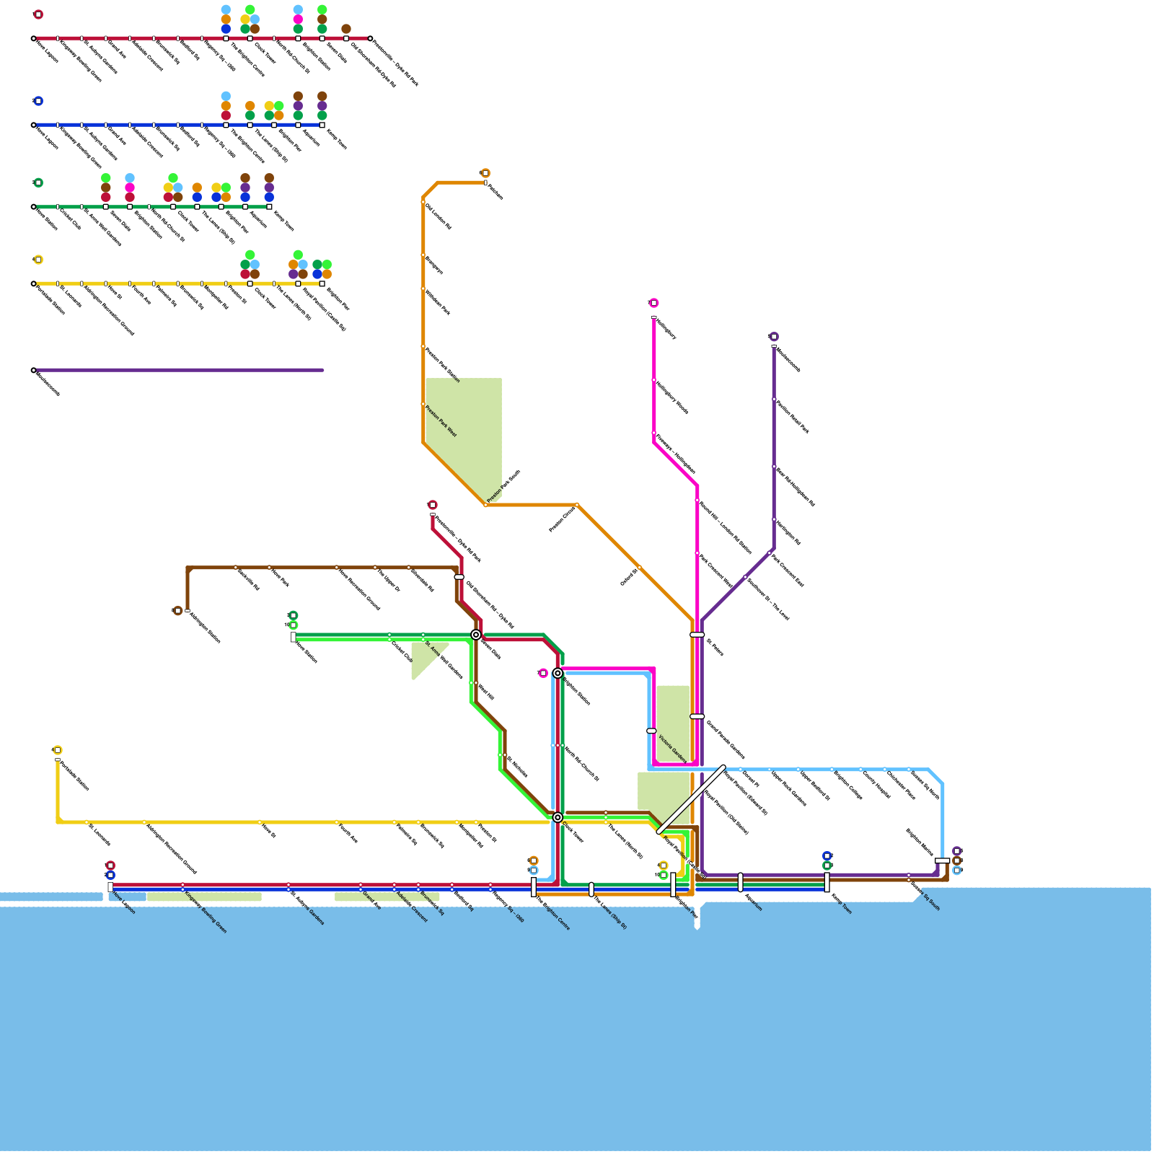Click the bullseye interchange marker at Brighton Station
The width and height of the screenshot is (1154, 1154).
click(558, 673)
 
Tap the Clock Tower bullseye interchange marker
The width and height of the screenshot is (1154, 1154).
click(558, 817)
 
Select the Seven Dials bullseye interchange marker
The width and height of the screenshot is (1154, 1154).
click(476, 635)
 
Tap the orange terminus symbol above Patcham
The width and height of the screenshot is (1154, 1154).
click(485, 173)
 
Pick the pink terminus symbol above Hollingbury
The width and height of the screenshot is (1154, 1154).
click(653, 303)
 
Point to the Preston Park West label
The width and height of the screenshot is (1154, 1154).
click(441, 421)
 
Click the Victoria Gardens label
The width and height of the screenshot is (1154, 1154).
click(672, 749)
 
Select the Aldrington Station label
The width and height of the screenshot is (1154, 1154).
click(205, 627)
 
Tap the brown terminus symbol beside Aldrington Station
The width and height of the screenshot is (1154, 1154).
click(178, 611)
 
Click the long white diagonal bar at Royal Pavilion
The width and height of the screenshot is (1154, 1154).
click(692, 799)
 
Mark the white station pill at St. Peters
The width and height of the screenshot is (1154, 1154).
click(697, 635)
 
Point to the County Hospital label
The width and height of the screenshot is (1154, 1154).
click(876, 784)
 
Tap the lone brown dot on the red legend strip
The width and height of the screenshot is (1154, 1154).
click(346, 29)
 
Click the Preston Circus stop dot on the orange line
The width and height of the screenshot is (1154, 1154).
click(577, 505)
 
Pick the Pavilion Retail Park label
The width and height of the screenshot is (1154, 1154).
click(792, 417)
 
